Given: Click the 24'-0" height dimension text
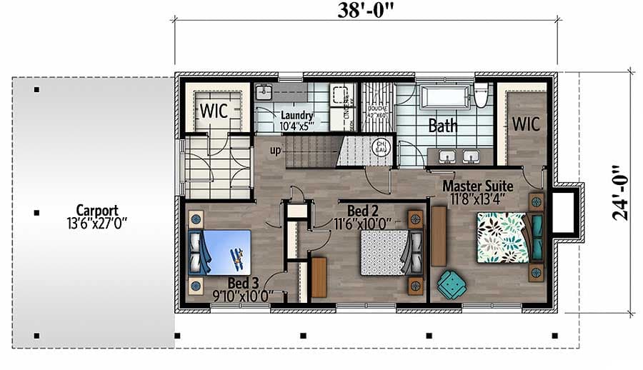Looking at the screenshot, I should [x=621, y=191].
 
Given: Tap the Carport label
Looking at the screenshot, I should [x=98, y=211].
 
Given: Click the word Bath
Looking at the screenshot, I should [x=442, y=126].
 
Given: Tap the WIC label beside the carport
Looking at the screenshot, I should [x=214, y=111].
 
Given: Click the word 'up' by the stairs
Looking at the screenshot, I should [x=275, y=150].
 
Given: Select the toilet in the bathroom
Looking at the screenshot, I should [x=482, y=94].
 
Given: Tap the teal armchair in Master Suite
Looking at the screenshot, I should [x=451, y=284].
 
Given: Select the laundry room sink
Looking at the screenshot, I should [x=263, y=92].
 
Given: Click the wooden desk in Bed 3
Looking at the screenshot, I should [x=319, y=276].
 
